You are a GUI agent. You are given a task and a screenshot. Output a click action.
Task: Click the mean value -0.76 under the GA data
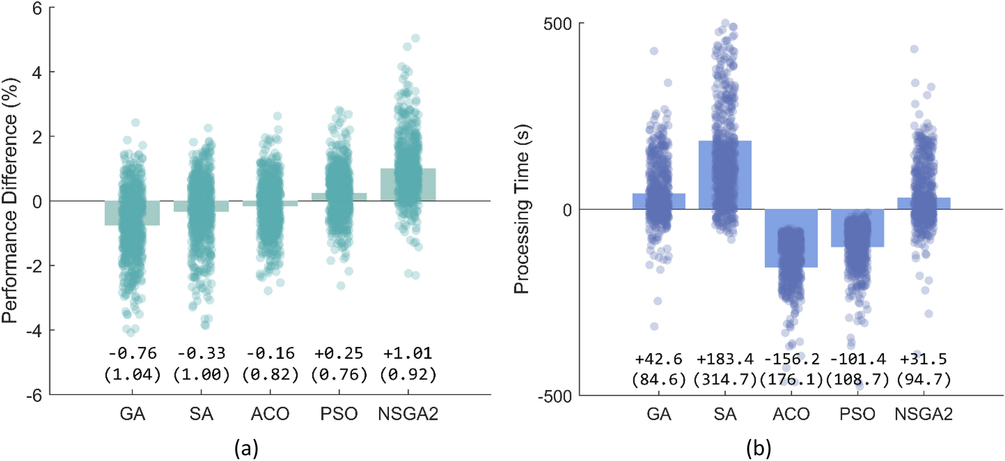point(132,353)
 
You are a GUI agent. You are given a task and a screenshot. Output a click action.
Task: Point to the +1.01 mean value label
point(408,353)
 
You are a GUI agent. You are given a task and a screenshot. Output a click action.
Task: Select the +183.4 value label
point(725,359)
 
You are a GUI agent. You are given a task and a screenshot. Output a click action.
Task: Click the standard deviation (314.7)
point(725,379)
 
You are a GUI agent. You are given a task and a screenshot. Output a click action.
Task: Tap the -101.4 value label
point(857,359)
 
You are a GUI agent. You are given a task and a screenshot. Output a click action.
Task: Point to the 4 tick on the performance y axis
point(37,72)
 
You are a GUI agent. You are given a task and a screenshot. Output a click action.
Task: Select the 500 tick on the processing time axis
point(557,24)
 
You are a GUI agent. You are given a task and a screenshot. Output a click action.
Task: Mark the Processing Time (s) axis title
point(521,209)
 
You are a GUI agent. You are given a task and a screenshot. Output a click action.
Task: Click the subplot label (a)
point(246,449)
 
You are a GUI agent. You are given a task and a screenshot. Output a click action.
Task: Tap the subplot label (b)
point(759,449)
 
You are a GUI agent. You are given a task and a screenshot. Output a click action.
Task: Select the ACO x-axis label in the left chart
point(270,413)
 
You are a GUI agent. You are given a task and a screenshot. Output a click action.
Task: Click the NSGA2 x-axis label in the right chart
point(923,413)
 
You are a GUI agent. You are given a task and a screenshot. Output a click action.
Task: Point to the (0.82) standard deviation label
point(270,374)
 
